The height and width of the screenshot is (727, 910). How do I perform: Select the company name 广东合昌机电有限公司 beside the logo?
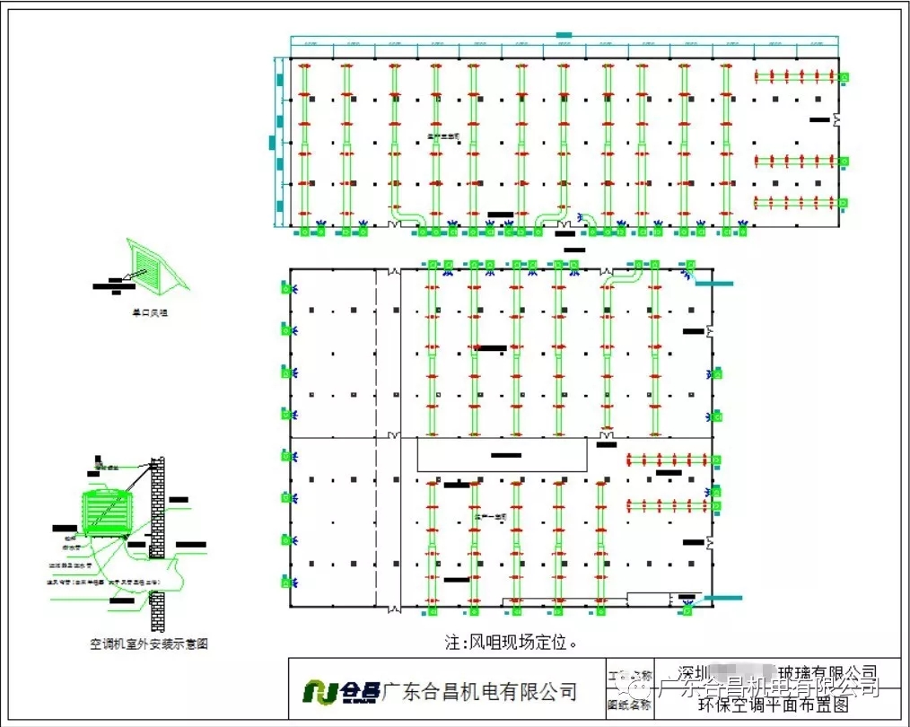click(479, 691)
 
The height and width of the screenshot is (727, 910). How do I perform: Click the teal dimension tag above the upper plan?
click(564, 35)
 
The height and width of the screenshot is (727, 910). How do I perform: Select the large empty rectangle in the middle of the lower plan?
click(503, 455)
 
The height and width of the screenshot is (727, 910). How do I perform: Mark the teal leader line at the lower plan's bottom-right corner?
click(723, 598)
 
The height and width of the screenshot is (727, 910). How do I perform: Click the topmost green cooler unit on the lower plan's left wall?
click(287, 288)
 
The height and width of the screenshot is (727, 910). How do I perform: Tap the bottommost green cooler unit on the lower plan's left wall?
click(287, 582)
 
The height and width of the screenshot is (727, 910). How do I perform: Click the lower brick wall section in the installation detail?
click(158, 610)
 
